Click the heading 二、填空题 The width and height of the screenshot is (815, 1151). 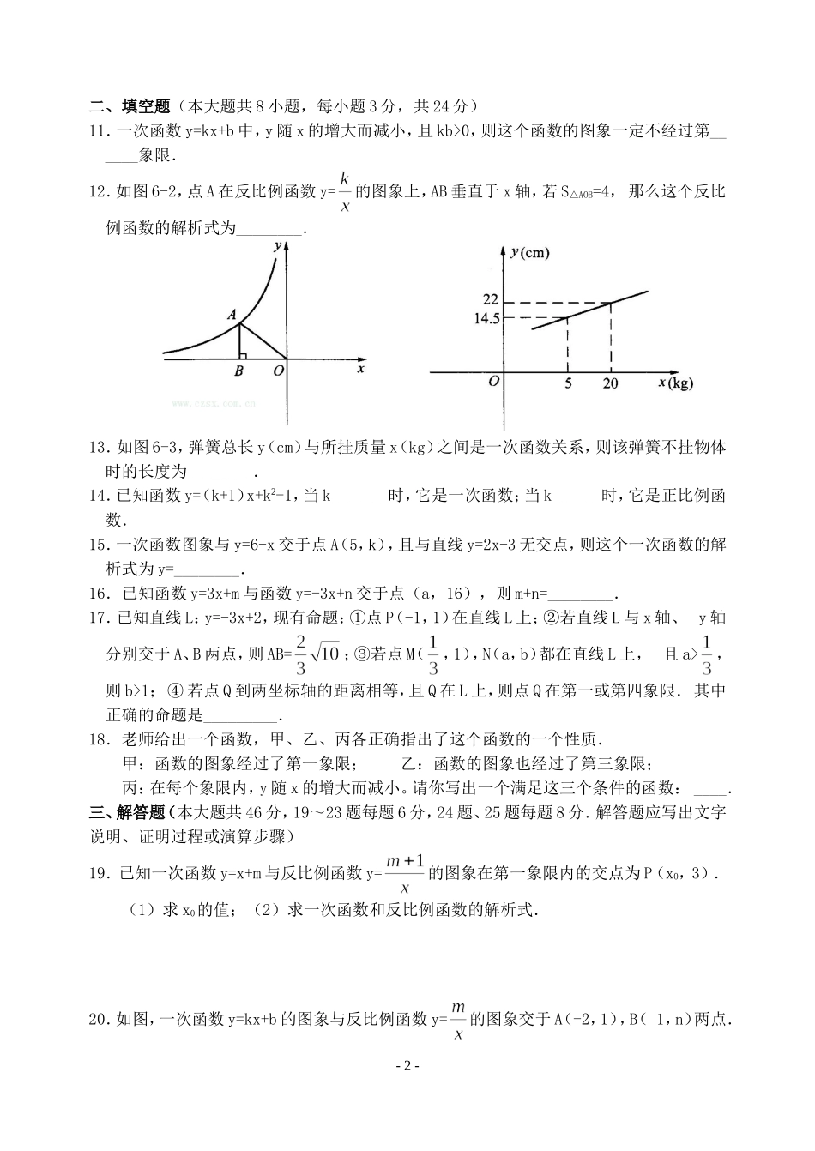click(x=129, y=106)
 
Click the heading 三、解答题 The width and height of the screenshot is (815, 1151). click(x=129, y=812)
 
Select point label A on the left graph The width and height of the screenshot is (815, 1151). click(x=232, y=315)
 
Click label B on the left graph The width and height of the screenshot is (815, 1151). click(x=238, y=371)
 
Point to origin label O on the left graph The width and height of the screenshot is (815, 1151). click(x=278, y=371)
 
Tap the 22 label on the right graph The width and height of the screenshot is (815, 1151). click(x=490, y=300)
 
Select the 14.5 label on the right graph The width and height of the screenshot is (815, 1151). click(x=485, y=318)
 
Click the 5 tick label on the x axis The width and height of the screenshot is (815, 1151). click(x=567, y=383)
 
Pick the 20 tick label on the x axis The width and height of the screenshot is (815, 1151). click(x=611, y=383)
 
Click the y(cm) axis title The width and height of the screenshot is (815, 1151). click(x=528, y=252)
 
